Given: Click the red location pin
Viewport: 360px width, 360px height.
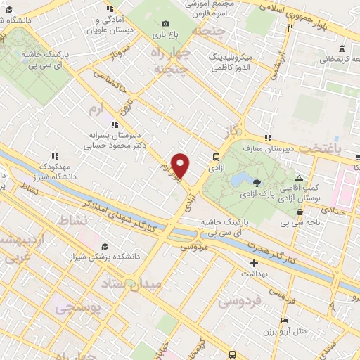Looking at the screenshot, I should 181,165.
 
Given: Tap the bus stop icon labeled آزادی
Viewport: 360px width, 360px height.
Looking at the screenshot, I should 216,157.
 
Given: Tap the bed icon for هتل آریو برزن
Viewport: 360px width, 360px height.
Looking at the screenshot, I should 284,319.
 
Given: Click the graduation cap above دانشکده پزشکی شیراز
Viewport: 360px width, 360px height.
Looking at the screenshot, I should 105,247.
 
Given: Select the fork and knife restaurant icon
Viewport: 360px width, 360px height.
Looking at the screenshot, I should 289,27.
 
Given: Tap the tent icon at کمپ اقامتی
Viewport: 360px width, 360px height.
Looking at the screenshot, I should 300,179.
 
